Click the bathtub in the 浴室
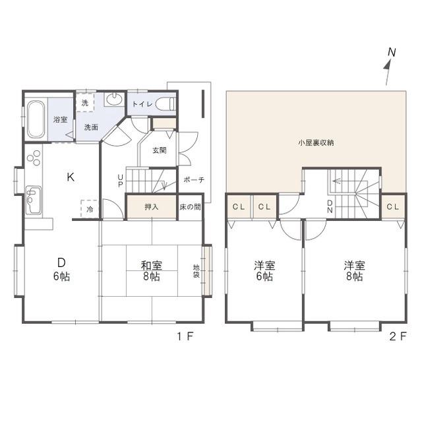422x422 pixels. (36, 119)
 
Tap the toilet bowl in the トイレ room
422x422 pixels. (166, 104)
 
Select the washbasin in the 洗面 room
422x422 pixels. (114, 99)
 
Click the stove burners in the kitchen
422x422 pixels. (34, 158)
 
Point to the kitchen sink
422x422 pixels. (34, 200)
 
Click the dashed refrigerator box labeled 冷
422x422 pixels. (90, 208)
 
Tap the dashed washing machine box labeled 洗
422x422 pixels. (85, 102)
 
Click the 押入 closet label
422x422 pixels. (152, 207)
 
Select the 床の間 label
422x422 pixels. (190, 207)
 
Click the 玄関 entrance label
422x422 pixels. (160, 150)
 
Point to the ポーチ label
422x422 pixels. (194, 179)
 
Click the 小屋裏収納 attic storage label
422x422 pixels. (316, 142)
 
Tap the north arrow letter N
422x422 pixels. (392, 52)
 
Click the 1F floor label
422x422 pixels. (185, 336)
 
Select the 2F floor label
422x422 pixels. (398, 336)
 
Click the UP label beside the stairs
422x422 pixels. (120, 181)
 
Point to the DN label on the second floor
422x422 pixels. (330, 206)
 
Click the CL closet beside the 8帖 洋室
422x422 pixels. (393, 206)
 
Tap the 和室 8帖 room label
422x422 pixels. (152, 271)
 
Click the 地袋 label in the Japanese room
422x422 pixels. (196, 271)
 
